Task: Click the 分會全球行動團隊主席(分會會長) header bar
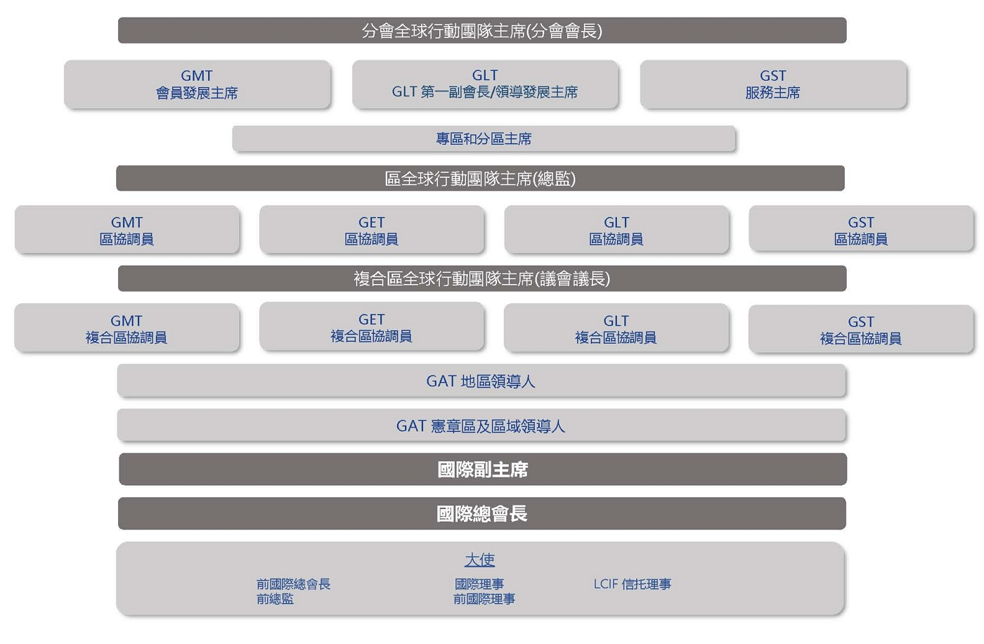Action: (481, 31)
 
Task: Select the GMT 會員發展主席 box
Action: (197, 84)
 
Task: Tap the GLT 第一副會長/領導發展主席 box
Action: (485, 84)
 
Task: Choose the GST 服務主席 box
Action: (773, 84)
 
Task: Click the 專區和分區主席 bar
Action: (484, 139)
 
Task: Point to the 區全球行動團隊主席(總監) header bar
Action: (480, 179)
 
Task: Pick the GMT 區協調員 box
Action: (127, 230)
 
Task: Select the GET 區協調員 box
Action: (371, 230)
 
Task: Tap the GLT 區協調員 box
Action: (616, 230)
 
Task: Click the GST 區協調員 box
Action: (861, 230)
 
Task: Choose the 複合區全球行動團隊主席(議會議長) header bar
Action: (481, 278)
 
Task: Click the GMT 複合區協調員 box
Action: (127, 328)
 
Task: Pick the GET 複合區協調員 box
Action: (371, 327)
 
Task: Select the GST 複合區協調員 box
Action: (861, 329)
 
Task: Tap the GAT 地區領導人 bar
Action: (481, 381)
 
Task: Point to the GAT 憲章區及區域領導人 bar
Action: (481, 426)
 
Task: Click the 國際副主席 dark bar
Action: (482, 469)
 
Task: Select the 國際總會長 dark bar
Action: (481, 514)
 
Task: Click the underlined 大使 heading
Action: (479, 560)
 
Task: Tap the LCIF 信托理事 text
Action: (632, 584)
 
